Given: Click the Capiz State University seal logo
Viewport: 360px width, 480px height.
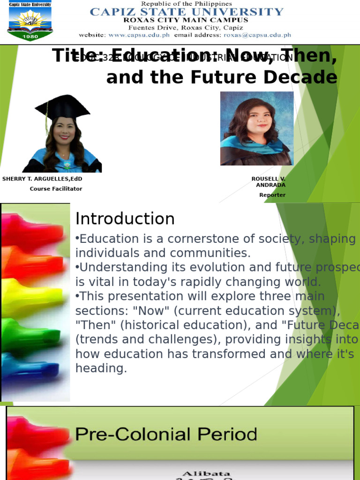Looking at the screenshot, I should [30, 21].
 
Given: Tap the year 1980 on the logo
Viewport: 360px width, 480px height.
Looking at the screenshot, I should [30, 37].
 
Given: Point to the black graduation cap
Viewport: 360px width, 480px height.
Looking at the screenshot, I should [62, 107].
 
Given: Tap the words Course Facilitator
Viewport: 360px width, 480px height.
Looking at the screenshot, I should [56, 189].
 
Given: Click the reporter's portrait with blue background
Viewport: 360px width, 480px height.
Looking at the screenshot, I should [257, 128].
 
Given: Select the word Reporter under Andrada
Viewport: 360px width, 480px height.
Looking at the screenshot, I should [272, 195].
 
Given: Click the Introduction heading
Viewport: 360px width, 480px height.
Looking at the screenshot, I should [125, 219].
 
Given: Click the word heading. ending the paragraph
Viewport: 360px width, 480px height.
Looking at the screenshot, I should [101, 368].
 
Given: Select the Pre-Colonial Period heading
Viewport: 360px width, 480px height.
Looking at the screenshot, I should [166, 435].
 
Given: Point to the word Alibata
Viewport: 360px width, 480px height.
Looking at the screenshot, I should [200, 474].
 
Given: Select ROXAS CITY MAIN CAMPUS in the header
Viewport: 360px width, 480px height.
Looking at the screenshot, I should [186, 20].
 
